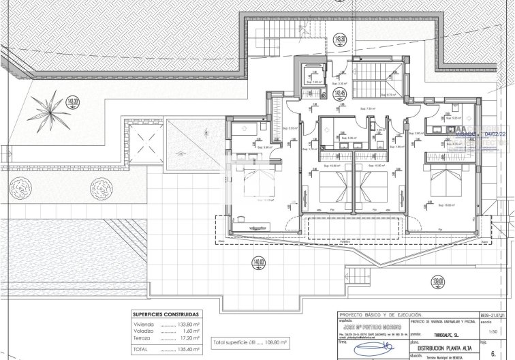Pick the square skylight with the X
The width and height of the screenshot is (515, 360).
144,143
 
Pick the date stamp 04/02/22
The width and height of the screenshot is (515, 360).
494,135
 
